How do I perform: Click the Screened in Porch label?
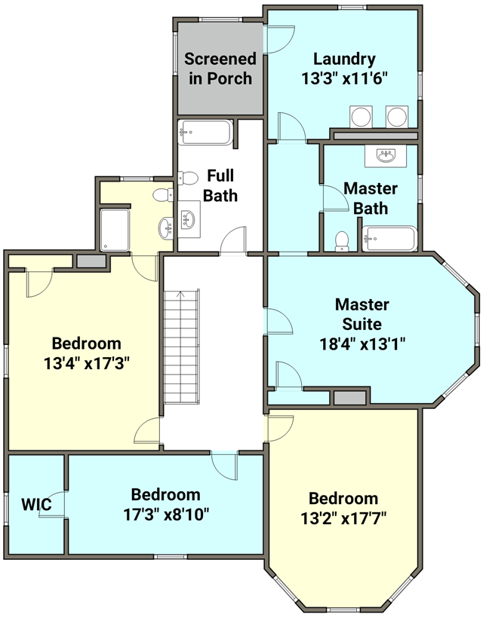(x=220, y=69)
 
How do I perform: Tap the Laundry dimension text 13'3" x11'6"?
(x=344, y=78)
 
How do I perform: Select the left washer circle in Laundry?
(x=361, y=117)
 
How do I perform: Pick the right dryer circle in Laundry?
(x=396, y=117)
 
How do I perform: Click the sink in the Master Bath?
(x=385, y=156)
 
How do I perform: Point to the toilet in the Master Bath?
(x=342, y=241)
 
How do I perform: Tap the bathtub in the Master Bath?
(x=389, y=239)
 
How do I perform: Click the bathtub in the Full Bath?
(x=205, y=133)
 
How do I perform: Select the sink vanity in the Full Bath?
(x=189, y=218)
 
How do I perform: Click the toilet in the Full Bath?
(x=188, y=179)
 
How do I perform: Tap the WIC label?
(x=36, y=504)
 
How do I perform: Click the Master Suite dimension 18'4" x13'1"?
(x=362, y=344)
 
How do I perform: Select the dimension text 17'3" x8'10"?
(x=166, y=514)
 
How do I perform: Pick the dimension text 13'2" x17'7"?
(x=343, y=518)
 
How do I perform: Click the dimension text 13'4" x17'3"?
(x=86, y=363)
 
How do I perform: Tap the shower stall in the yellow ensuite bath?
(x=115, y=230)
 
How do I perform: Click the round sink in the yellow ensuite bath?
(x=165, y=228)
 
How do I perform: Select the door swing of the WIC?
(x=51, y=504)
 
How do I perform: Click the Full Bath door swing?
(x=232, y=240)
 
